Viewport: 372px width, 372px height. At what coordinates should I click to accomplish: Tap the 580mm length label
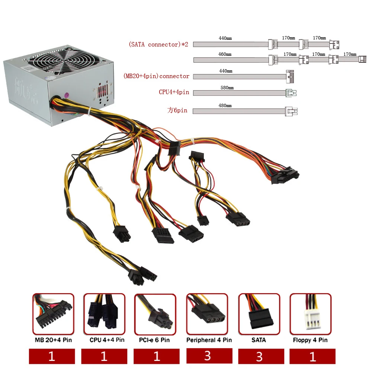click(x=227, y=88)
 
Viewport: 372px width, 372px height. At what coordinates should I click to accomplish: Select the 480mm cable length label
click(x=225, y=106)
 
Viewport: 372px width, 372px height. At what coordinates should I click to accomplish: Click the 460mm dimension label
click(x=225, y=54)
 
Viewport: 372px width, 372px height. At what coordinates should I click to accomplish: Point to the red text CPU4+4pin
click(x=174, y=92)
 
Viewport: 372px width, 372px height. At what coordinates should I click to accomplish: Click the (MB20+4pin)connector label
click(x=156, y=76)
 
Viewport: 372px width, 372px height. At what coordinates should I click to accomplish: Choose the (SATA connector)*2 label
click(x=158, y=45)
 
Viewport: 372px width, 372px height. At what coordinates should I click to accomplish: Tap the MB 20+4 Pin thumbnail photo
click(x=53, y=314)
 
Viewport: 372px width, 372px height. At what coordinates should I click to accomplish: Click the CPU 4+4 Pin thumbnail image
click(x=104, y=314)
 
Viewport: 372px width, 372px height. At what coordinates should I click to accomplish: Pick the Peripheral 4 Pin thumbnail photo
click(x=207, y=314)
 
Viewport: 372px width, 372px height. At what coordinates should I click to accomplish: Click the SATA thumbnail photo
click(x=259, y=314)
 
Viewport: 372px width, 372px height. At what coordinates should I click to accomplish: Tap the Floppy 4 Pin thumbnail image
click(x=310, y=314)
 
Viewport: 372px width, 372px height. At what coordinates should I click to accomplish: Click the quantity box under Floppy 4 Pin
click(x=312, y=357)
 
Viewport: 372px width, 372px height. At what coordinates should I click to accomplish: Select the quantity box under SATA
click(x=259, y=357)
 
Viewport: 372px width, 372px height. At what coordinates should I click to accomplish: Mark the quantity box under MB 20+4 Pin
click(x=52, y=357)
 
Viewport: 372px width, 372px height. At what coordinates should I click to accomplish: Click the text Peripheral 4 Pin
click(x=209, y=340)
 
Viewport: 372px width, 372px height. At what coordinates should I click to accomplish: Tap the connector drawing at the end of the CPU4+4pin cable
click(x=291, y=93)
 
